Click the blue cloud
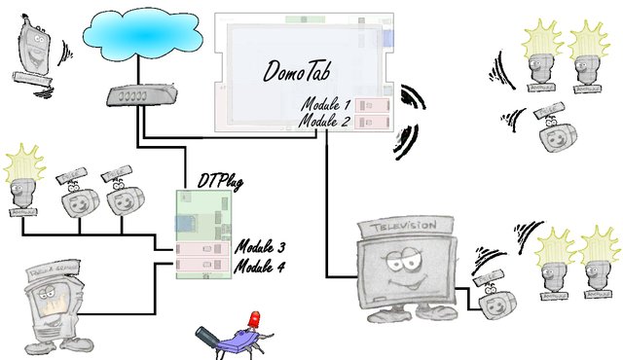point(136,36)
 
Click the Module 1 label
point(327,105)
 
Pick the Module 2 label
point(327,121)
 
